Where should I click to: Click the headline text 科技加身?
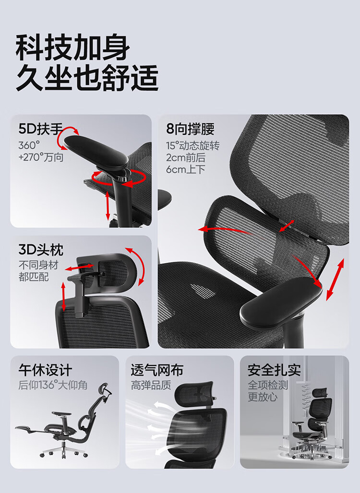click(x=72, y=48)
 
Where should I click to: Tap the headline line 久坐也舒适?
click(x=87, y=78)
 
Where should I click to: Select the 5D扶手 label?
click(x=41, y=129)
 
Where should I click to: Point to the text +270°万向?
click(x=41, y=157)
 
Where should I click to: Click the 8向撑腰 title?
click(x=190, y=129)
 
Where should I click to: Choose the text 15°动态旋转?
click(x=192, y=146)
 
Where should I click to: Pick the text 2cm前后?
click(x=186, y=157)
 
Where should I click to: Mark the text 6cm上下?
click(x=186, y=169)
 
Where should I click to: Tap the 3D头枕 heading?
click(x=41, y=250)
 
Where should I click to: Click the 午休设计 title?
click(x=45, y=370)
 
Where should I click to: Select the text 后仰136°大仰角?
click(x=52, y=385)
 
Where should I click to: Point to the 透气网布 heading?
click(x=157, y=370)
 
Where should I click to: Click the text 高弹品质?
click(x=151, y=385)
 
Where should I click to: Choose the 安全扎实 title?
click(x=274, y=370)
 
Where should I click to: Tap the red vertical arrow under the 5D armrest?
click(x=108, y=205)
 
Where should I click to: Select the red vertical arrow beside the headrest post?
click(x=63, y=297)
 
